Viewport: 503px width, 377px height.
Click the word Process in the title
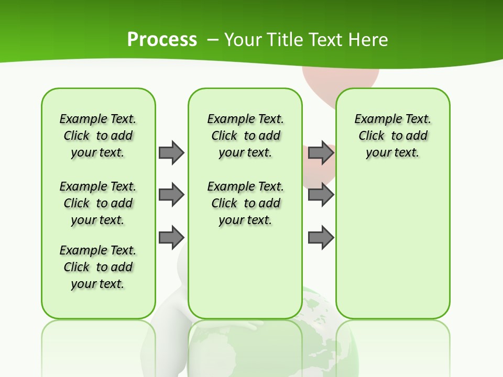(x=162, y=40)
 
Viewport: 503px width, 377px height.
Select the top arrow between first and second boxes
(x=171, y=152)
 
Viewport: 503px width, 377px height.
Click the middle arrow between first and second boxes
(x=171, y=195)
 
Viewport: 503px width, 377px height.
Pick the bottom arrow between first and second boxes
(x=171, y=238)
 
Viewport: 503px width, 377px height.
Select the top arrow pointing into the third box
(x=321, y=152)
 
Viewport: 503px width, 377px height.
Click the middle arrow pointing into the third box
(x=321, y=195)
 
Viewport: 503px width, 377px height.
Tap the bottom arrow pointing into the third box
(x=321, y=238)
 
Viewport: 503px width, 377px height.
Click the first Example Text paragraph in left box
(x=98, y=136)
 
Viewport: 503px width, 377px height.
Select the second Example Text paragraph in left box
(x=98, y=203)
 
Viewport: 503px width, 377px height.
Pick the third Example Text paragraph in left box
(x=98, y=267)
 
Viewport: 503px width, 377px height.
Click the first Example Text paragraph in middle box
(x=245, y=136)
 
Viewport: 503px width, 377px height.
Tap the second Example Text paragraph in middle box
(x=245, y=203)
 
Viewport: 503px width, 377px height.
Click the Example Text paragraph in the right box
(x=392, y=136)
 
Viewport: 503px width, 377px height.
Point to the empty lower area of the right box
(x=392, y=251)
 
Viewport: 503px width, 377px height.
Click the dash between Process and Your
(x=213, y=40)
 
